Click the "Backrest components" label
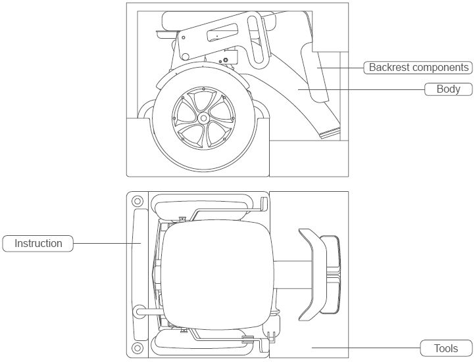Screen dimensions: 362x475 (x=418, y=68)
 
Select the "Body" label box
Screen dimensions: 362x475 (x=448, y=89)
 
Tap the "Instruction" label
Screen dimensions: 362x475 (x=37, y=244)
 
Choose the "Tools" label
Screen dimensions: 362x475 (x=446, y=348)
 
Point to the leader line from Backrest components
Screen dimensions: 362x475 (x=341, y=68)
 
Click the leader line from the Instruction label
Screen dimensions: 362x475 (x=105, y=244)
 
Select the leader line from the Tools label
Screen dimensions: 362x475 (x=365, y=348)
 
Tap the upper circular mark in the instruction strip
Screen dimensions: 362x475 (x=137, y=201)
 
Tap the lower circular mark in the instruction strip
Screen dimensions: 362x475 (x=137, y=348)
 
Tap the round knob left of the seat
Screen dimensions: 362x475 (x=139, y=309)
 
